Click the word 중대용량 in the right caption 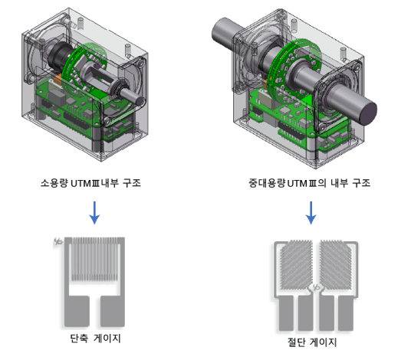[x=267, y=183]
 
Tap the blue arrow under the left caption [x=94, y=213]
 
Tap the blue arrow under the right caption [x=311, y=213]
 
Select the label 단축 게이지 [x=95, y=339]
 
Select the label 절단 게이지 [x=312, y=342]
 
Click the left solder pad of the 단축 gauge [x=77, y=311]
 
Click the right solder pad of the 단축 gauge [x=113, y=311]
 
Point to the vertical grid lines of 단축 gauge [x=94, y=259]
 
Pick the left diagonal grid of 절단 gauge [x=297, y=264]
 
